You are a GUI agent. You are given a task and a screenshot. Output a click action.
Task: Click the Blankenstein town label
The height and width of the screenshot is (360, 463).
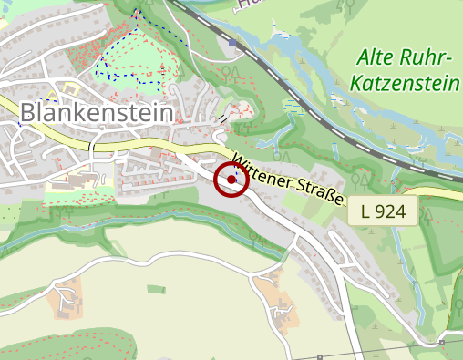click(x=97, y=112)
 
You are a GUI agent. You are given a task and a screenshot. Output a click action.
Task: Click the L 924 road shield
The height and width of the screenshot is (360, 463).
click(x=383, y=211)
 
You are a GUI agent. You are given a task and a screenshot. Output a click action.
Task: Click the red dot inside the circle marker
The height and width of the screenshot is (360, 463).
click(x=231, y=180)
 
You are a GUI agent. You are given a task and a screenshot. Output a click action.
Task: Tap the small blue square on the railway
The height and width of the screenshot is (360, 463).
click(x=233, y=43)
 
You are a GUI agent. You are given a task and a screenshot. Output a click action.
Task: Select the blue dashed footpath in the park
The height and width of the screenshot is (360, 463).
click(x=137, y=18)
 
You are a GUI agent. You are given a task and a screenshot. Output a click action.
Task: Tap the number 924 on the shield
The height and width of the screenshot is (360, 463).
click(x=395, y=211)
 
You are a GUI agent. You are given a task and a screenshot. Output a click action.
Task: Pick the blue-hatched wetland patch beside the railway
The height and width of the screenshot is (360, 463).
click(x=292, y=108)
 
